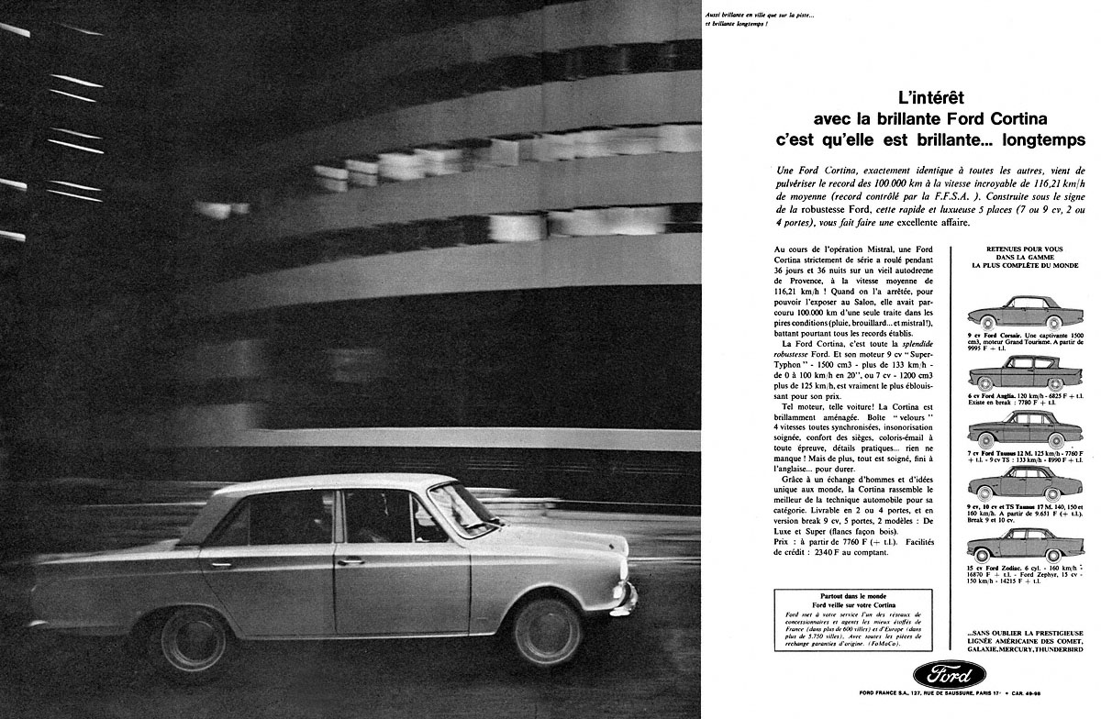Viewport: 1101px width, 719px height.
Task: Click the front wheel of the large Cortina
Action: (x=547, y=633)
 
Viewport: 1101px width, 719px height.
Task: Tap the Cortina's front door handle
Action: (x=350, y=560)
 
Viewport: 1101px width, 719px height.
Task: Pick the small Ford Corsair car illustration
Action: (x=1018, y=314)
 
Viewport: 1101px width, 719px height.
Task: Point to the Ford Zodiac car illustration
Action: (x=1017, y=546)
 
